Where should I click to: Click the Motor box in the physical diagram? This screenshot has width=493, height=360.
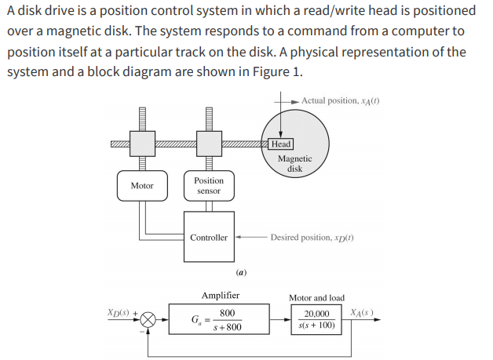click(x=142, y=186)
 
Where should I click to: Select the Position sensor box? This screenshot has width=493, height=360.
click(x=209, y=186)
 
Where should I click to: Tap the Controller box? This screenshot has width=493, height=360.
click(x=209, y=237)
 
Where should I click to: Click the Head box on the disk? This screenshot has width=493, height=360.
click(x=280, y=144)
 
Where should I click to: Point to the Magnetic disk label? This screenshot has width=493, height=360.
click(x=294, y=163)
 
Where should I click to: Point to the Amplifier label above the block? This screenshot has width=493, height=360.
click(x=221, y=296)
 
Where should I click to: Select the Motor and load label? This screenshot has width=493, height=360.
click(x=316, y=298)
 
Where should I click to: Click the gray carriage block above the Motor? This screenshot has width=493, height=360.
click(x=142, y=144)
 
